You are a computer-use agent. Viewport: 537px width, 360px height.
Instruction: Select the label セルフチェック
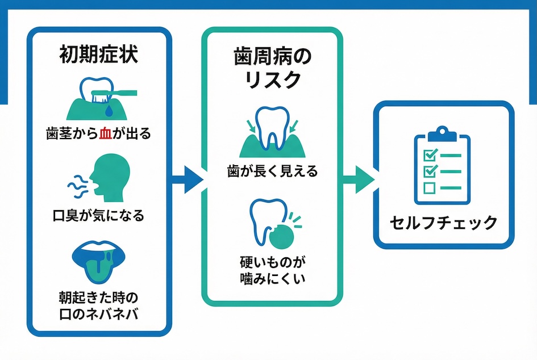pos(444,223)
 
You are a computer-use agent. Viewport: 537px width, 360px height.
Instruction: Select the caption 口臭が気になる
pos(99,216)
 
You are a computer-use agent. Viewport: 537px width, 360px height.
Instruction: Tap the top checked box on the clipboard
pos(430,154)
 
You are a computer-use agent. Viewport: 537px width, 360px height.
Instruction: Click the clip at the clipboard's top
pos(443,135)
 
